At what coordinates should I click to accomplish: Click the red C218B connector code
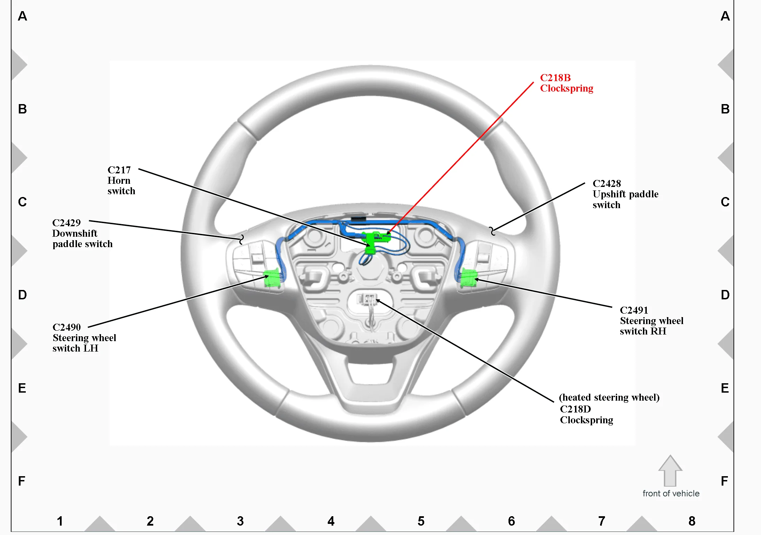555,78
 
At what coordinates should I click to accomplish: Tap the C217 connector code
119,170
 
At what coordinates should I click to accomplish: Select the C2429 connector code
66,223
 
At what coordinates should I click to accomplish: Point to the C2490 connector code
67,327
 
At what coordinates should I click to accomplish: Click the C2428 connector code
607,183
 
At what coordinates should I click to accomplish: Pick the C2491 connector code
634,310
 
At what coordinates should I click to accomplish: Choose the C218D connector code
575,409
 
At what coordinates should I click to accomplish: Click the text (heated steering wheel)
609,398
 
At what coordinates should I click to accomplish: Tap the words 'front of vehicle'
671,494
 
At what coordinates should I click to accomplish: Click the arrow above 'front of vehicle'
670,471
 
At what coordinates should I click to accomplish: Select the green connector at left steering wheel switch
272,278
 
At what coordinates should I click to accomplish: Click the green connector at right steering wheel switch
468,278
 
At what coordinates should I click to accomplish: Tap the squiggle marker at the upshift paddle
492,231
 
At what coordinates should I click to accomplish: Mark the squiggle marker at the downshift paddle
241,239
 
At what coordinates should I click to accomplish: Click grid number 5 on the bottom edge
421,521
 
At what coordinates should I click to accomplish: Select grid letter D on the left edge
22,295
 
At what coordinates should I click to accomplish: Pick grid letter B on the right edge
725,109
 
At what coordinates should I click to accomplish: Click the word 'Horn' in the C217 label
119,180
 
